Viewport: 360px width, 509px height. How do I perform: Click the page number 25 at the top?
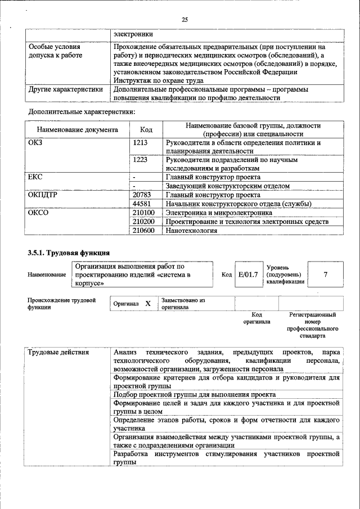point(184,20)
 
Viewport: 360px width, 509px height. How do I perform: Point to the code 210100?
point(143,213)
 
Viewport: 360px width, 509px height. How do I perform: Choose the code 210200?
point(143,222)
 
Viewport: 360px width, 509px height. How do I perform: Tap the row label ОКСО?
point(38,213)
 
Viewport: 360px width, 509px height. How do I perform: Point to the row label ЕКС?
point(35,177)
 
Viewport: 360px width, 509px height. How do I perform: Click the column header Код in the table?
point(146,130)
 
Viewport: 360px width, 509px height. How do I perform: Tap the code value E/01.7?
point(248,274)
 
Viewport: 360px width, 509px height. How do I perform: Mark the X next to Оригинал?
point(148,303)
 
